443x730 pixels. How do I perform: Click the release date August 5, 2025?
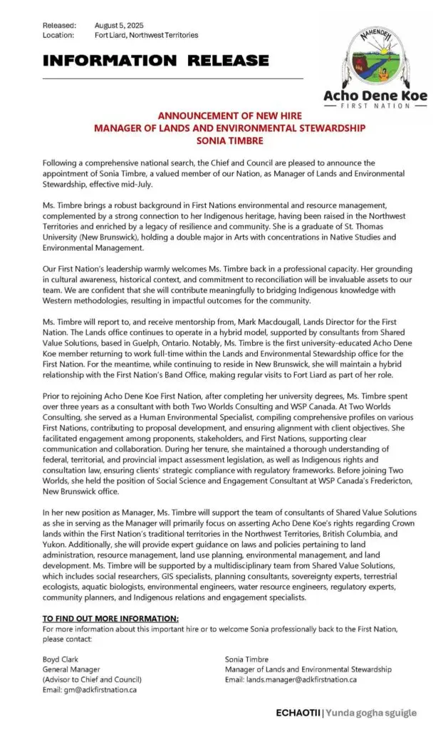(x=119, y=25)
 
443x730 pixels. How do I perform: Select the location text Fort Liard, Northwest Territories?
(x=147, y=35)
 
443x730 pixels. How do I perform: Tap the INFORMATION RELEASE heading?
(x=156, y=61)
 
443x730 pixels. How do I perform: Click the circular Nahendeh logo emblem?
(x=377, y=54)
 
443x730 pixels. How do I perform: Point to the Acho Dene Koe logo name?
(x=377, y=95)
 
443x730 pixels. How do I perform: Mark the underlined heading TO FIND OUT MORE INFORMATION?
(x=110, y=617)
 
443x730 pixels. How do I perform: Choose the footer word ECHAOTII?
(x=298, y=713)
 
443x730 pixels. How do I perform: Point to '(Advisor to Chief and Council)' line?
(x=88, y=679)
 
